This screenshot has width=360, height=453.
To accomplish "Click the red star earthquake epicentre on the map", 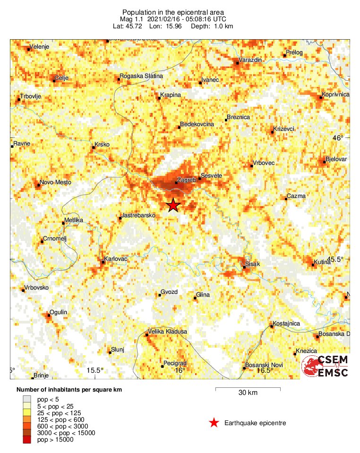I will pos(173,205).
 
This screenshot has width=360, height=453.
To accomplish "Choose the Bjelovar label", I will pos(336,159).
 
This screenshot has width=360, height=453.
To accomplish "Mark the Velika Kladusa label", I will pos(168,332).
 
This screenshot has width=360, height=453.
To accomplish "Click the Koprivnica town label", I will pos(335,94).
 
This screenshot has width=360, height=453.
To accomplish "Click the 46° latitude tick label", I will pos(338,138).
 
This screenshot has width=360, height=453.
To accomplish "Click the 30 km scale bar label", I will pos(248,393).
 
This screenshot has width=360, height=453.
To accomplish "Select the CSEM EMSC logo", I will pos(325,366).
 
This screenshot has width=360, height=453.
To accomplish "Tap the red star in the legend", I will pos(214,423).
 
